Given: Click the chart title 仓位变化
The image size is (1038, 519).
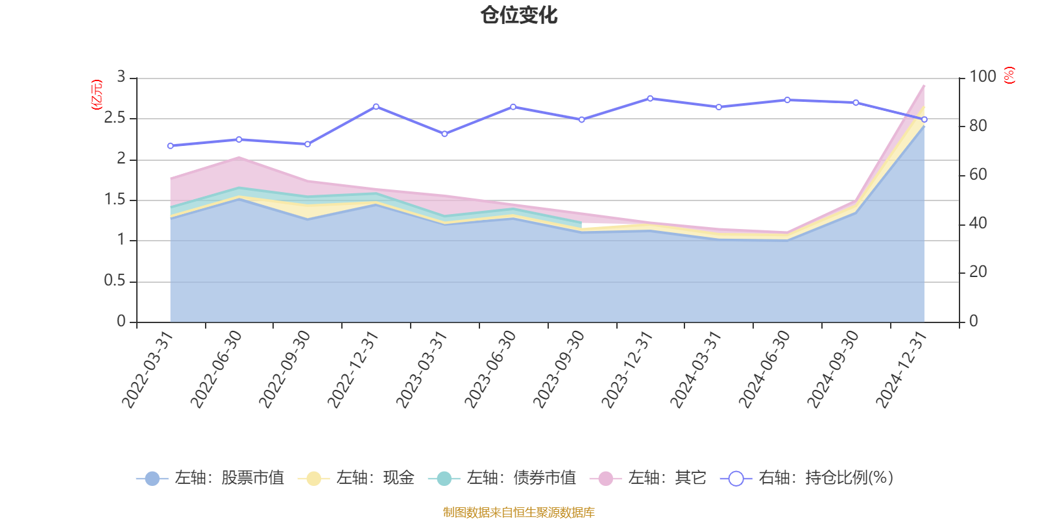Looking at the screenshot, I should pos(519,15).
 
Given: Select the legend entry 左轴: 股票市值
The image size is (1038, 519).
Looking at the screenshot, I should pos(210,479).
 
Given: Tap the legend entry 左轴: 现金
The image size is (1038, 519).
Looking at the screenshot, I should pos(356,479).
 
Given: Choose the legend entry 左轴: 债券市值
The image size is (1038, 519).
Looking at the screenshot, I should pos(502,479).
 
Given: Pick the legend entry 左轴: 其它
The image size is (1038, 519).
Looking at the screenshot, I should pos(648,479).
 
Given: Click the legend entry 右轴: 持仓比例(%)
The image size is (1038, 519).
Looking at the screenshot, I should pos(807,479).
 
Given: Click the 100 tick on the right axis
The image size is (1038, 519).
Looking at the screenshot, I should pos(982,77).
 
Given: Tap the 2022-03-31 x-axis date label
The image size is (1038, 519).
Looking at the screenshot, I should pos(149,369).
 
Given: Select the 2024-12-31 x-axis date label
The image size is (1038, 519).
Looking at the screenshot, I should pos(902,369).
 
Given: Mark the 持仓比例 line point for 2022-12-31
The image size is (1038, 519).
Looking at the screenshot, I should pos(376,106).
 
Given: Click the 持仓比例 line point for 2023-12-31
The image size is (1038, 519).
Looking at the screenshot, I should pos(650,98).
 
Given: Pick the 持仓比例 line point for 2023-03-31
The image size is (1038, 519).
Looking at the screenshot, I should pos(444,134).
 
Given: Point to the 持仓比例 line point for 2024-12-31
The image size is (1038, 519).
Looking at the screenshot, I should pos(924,119).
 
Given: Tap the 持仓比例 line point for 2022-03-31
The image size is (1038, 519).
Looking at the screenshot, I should pos(170,146).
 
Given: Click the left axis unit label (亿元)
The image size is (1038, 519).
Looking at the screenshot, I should pos(97,95).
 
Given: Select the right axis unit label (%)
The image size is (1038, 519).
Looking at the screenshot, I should pos(1009,75).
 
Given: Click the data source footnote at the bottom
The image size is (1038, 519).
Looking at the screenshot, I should pos(519,513).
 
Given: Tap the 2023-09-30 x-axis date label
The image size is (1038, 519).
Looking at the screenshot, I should pos(559,369).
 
